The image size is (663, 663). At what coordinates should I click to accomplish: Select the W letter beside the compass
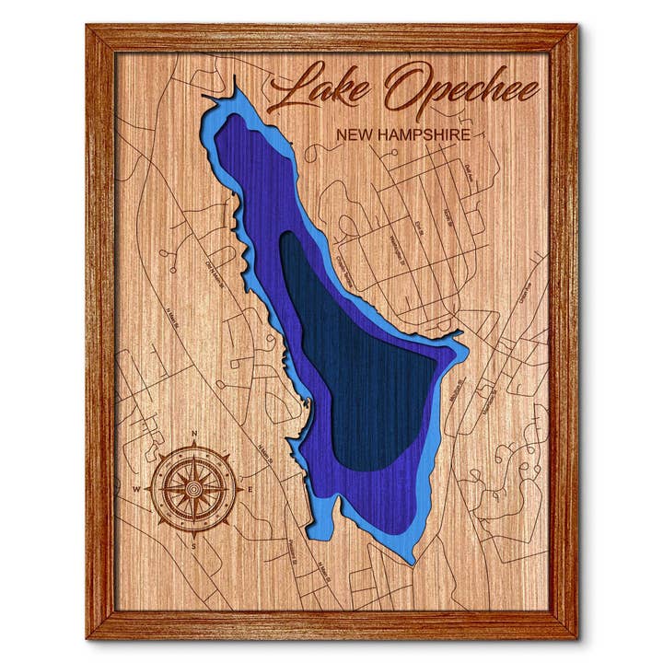pyautogui.click(x=138, y=488)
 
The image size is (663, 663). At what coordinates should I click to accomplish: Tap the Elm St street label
pyautogui.click(x=418, y=227)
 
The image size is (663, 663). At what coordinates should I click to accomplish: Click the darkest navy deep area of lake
pyautogui.click(x=368, y=368)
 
